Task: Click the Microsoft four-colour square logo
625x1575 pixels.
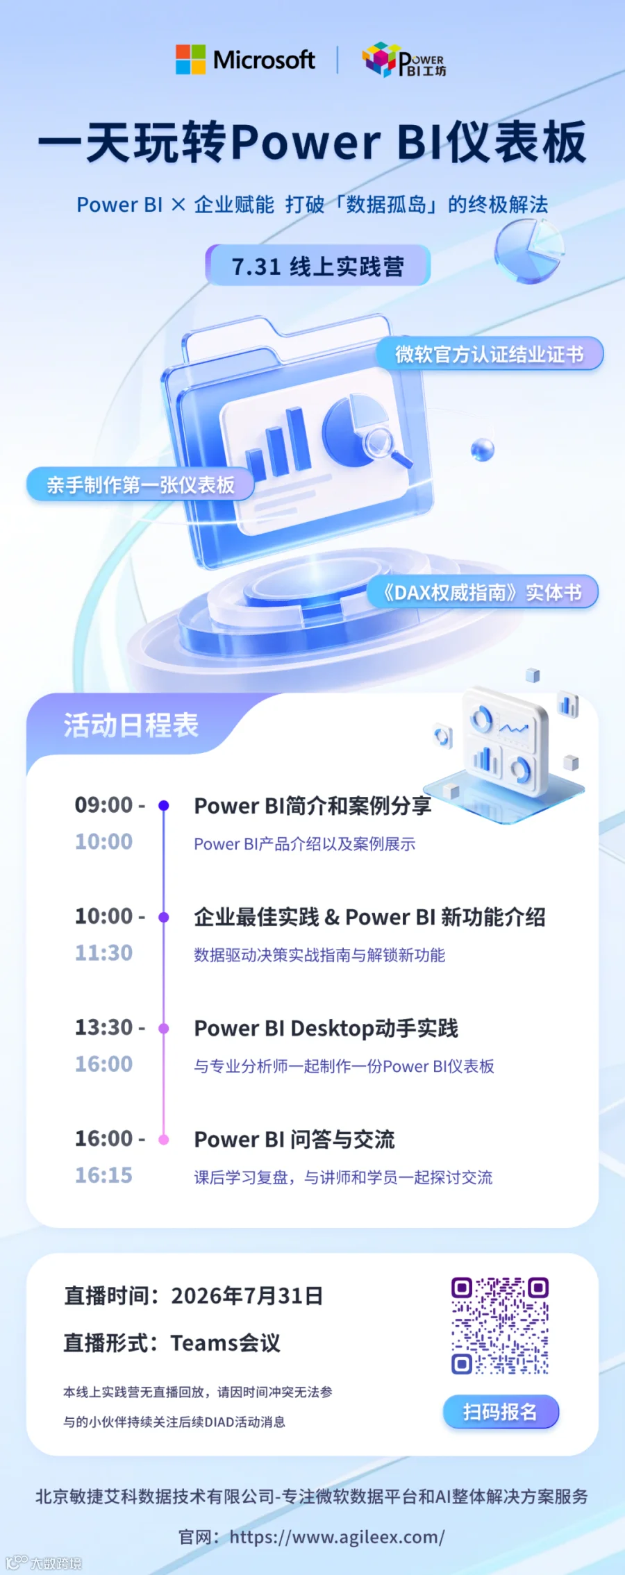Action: point(190,60)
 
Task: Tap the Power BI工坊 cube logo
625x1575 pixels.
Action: point(379,60)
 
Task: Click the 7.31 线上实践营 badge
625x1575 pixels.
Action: point(318,265)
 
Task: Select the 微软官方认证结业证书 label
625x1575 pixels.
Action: point(490,354)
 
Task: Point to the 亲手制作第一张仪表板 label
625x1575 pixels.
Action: point(140,485)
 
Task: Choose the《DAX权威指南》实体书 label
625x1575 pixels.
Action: point(483,592)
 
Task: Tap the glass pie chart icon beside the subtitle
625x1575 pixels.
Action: point(529,251)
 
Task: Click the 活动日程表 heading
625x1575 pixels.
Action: point(131,725)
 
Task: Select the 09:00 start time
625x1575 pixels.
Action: point(104,805)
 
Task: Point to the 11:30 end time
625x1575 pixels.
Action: point(104,952)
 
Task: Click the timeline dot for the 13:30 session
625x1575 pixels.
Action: point(164,1028)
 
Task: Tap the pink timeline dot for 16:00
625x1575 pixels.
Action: point(164,1139)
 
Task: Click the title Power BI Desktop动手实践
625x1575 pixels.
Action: point(326,1028)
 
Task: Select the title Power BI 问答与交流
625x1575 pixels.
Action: point(294,1139)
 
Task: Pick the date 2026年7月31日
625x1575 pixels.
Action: point(247,1295)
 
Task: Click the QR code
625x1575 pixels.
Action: point(500,1325)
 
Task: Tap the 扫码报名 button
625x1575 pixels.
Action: point(501,1411)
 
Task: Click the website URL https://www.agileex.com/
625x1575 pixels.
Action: point(337,1537)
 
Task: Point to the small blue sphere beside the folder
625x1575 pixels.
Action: point(483,450)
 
